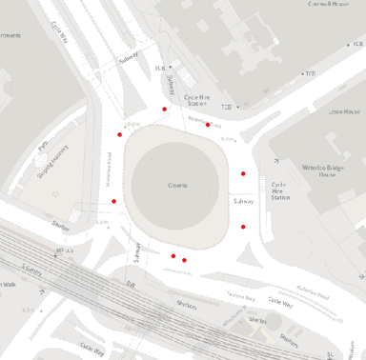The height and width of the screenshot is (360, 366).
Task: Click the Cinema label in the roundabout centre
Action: (177, 186)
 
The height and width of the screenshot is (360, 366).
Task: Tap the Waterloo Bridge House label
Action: (329, 169)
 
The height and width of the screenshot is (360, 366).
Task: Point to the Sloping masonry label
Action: (52, 163)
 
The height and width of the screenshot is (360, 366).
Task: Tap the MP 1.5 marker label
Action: (65, 250)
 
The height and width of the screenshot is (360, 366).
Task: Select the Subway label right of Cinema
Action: (243, 201)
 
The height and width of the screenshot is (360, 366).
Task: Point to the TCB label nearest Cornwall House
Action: (310, 73)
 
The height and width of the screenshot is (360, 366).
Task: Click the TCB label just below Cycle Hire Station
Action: (227, 107)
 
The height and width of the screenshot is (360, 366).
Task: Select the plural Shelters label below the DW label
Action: (186, 306)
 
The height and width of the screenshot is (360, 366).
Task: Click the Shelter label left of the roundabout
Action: (62, 227)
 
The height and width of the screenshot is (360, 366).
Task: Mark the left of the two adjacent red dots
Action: (173, 255)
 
